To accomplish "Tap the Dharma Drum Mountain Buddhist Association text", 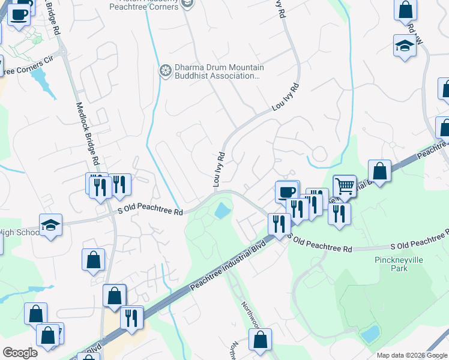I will point(217,71).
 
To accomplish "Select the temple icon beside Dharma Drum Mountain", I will point(165,71).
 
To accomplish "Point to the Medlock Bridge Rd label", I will point(86,133).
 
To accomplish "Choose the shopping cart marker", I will point(345,187).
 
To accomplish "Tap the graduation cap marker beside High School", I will point(50,226).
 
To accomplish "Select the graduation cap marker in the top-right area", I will point(405,46).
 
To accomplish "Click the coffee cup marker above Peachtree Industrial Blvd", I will point(287,192).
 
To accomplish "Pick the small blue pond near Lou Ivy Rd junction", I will point(221,211).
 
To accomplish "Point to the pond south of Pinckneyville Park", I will point(370,334).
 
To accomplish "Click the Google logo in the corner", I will point(20,353).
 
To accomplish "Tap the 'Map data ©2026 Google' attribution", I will point(412,355).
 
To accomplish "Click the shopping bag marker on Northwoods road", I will point(260,340).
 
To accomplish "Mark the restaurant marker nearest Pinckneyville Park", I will point(340,214).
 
